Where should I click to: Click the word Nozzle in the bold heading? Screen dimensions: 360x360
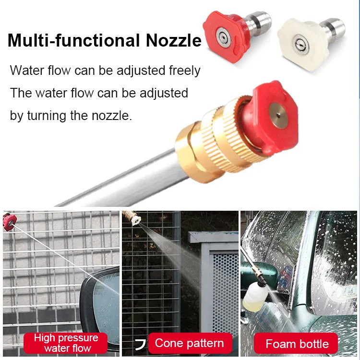click(x=173, y=40)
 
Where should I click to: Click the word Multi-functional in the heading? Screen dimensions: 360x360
click(x=74, y=40)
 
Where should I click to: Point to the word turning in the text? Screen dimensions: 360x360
click(x=47, y=116)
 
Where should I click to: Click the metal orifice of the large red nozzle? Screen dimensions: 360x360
click(x=278, y=115)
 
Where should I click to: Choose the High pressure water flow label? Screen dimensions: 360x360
click(x=66, y=343)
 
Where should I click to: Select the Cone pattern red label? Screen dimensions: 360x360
click(x=190, y=343)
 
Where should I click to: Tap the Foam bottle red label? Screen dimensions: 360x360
click(x=296, y=344)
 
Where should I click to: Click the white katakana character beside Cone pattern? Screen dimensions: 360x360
click(x=140, y=345)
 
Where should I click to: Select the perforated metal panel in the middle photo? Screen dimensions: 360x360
click(x=225, y=289)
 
